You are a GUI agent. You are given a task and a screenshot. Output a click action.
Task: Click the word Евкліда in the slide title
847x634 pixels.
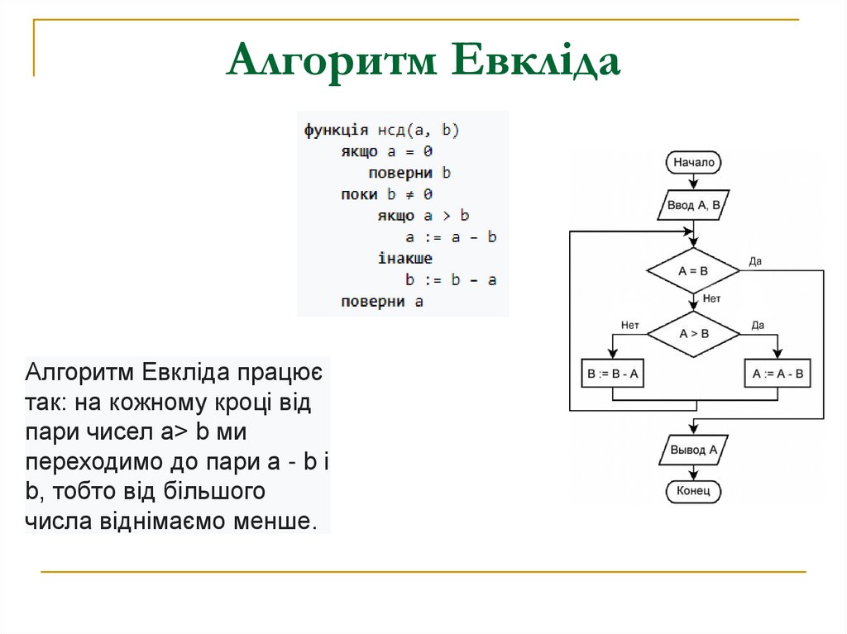pos(538,62)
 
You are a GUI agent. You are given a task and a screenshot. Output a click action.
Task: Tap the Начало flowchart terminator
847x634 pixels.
pos(693,163)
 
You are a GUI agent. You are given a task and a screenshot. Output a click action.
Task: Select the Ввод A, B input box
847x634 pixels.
pos(693,205)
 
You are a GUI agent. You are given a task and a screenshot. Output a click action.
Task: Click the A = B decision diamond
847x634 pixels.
pos(693,270)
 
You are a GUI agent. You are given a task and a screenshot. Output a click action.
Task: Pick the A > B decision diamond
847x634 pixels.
pos(693,334)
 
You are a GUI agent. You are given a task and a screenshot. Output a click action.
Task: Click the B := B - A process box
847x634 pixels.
pos(613,374)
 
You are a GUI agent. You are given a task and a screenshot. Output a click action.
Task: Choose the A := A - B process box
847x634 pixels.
pos(778,374)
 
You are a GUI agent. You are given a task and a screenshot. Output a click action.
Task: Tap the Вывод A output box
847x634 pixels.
pos(693,450)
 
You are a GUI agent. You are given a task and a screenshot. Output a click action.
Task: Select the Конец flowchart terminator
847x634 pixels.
pos(693,492)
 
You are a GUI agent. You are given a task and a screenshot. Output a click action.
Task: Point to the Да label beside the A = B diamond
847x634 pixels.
pos(755,261)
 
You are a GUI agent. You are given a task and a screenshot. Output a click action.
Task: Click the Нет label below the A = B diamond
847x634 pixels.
pos(711,298)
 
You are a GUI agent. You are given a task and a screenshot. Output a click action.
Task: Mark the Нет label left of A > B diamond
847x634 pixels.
pos(630,325)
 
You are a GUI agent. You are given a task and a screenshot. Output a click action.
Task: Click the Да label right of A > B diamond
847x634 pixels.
pos(758,325)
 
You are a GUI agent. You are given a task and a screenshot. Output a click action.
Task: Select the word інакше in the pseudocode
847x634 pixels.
pos(404,259)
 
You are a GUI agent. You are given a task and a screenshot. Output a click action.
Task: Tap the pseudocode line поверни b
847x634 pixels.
pos(409,174)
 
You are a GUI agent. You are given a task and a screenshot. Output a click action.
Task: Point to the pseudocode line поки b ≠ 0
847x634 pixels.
pos(386,195)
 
